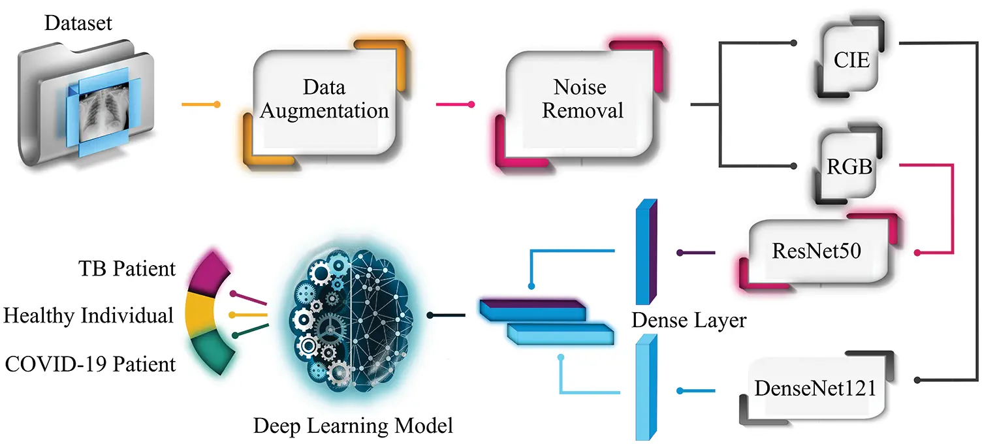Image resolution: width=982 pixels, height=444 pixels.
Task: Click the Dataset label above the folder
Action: (78, 23)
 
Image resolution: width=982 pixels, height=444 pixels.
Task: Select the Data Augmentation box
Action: (325, 103)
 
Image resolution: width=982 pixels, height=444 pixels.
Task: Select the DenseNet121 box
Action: (816, 388)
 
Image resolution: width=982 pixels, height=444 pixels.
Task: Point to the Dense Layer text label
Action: (689, 320)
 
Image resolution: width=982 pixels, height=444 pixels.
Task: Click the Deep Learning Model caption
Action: (353, 426)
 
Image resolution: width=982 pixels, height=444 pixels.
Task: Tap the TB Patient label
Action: (127, 268)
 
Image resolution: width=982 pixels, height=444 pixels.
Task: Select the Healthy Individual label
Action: (88, 315)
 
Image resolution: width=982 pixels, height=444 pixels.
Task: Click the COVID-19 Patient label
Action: (90, 364)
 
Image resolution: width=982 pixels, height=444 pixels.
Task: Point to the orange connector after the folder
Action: (201, 104)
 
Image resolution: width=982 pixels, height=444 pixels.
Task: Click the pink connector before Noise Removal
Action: (455, 104)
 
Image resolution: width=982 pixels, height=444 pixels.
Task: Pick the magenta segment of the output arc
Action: (209, 274)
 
